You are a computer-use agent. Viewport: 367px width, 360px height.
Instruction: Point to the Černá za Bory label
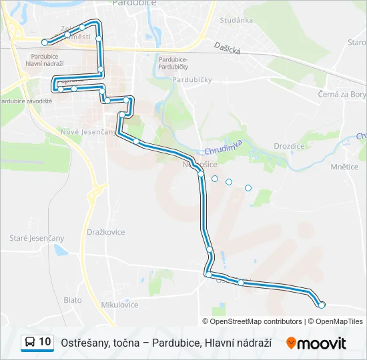click(342, 95)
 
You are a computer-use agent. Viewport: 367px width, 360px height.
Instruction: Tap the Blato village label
click(73, 300)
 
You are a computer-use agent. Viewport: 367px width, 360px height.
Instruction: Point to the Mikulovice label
click(119, 305)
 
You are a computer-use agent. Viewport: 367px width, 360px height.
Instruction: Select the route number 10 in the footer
click(45, 342)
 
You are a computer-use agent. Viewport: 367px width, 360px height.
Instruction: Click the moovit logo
click(316, 343)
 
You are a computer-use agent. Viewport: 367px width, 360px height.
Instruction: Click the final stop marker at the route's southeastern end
click(322, 305)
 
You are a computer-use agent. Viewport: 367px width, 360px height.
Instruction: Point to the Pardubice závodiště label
click(25, 101)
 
